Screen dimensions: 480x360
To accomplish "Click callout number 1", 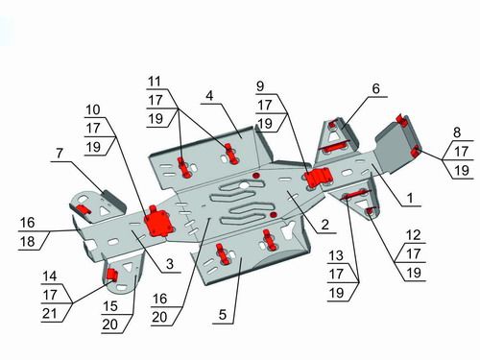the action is (410, 199).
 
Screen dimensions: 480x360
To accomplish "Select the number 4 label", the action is (209, 96).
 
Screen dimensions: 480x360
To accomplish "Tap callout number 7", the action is (60, 154).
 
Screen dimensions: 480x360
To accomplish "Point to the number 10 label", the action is (93, 109).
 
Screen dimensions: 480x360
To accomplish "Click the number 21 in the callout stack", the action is (50, 314).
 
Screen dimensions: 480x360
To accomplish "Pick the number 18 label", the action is (28, 242).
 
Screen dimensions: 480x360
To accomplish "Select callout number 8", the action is (457, 132).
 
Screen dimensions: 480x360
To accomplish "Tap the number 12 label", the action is (414, 235).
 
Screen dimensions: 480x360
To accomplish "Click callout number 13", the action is (336, 255).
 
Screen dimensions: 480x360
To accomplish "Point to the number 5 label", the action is (223, 315).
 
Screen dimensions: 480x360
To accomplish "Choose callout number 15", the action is (110, 306).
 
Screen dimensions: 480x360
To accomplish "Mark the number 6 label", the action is (375, 88).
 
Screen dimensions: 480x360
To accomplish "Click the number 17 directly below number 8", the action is (461, 152).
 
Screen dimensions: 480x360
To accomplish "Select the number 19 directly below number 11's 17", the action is (156, 119).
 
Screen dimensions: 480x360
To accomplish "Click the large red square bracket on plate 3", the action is (159, 222).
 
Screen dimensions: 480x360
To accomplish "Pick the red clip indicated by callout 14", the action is (111, 275).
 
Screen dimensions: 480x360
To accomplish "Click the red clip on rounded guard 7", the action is (84, 209).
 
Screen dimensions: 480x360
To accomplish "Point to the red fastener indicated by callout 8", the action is (416, 151).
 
